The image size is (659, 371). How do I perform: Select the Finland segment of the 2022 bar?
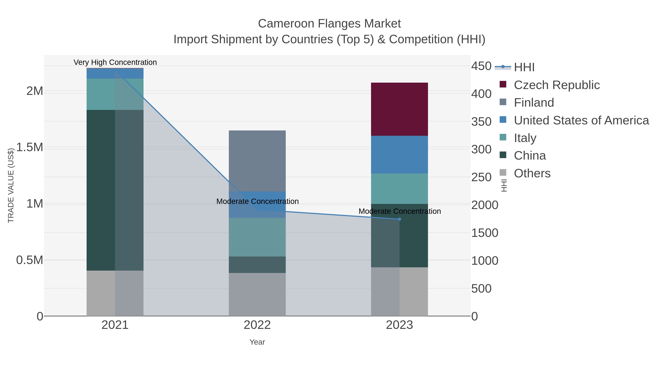click(257, 161)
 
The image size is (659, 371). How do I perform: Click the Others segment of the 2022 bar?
click(257, 294)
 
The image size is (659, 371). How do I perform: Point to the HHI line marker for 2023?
click(399, 219)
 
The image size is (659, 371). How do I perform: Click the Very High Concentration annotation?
click(115, 62)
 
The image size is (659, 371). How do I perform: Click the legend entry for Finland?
click(534, 102)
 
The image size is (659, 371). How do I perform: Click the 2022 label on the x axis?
click(257, 325)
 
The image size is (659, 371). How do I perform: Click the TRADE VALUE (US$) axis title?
click(11, 185)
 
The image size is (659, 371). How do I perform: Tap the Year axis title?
click(257, 342)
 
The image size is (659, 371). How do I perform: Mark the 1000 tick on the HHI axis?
click(484, 261)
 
